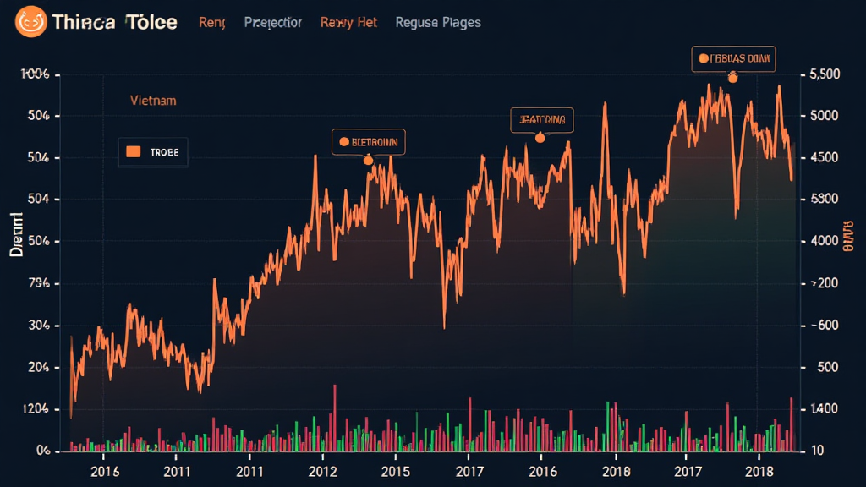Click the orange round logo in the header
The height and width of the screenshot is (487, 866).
(29, 20)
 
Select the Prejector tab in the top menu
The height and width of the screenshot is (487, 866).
(272, 23)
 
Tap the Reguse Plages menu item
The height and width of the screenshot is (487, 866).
(437, 23)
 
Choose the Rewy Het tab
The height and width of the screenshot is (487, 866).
(348, 23)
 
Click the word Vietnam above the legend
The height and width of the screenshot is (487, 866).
(153, 100)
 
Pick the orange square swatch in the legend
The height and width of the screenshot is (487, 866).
(133, 152)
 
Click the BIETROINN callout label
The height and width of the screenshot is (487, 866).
(368, 141)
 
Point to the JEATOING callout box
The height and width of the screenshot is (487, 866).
(542, 120)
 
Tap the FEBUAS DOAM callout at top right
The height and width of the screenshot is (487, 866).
(733, 58)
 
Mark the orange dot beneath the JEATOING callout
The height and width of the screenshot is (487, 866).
(540, 138)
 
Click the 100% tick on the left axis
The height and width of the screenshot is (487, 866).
(35, 75)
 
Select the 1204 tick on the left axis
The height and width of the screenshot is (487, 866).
(33, 409)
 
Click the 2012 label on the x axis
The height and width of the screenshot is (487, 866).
(323, 470)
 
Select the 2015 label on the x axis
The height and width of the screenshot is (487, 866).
(396, 470)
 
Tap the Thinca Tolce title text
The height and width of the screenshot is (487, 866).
(114, 22)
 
